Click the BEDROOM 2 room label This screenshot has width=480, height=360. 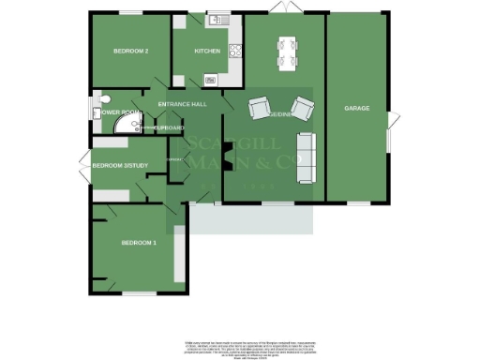[131, 52]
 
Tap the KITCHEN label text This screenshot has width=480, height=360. [206, 52]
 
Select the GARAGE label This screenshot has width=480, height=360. [356, 109]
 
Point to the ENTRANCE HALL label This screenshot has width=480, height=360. [182, 104]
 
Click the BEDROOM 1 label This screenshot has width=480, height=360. [138, 244]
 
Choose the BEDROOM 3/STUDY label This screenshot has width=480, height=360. [119, 163]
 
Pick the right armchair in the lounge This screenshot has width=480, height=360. [303, 105]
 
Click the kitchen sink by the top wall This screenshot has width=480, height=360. [217, 19]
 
